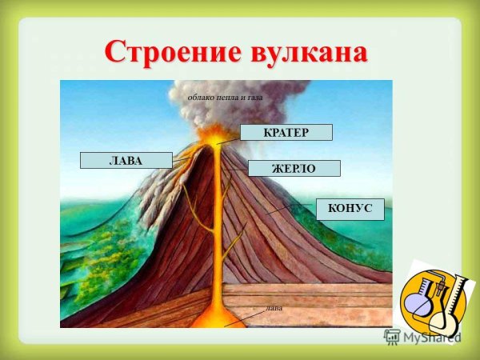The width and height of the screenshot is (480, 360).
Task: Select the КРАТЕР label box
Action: pos(286,132)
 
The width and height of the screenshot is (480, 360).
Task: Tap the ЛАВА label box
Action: pos(126,160)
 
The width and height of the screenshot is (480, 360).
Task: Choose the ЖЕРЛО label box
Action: pos(294,169)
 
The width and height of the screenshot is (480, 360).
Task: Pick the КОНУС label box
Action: pos(350,209)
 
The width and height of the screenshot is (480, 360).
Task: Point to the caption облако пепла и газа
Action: pos(225,98)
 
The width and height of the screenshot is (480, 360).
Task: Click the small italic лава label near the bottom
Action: pos(274,306)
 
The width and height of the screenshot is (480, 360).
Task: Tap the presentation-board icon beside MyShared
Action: pos(392,337)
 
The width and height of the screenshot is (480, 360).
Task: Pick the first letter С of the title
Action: pos(116,52)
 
